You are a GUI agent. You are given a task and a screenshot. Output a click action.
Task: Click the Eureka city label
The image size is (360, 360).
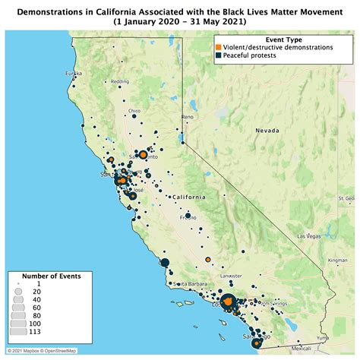coord(73,73)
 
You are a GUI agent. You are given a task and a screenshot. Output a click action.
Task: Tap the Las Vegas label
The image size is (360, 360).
coord(308,236)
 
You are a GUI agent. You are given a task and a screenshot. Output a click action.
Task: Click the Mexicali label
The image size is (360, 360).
coord(301,348)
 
